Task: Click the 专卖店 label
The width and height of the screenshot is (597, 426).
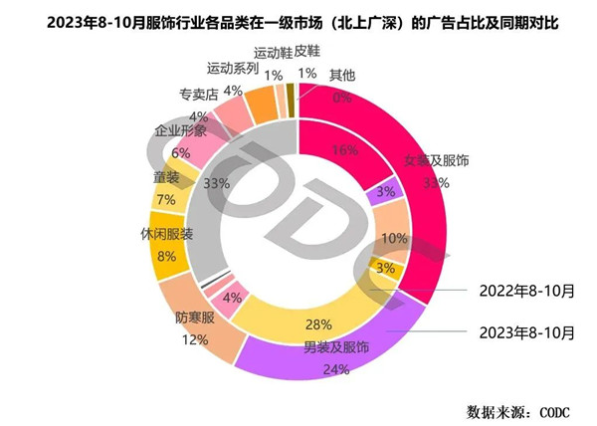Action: (x=198, y=97)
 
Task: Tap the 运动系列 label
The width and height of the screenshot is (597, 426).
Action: (x=232, y=69)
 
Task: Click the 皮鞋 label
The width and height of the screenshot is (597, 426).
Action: (x=307, y=50)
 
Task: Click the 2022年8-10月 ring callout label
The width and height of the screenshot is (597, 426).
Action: (x=527, y=291)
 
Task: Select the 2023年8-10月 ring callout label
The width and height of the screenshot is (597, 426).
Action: (x=527, y=330)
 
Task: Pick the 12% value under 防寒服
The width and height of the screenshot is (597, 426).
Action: (x=193, y=339)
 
